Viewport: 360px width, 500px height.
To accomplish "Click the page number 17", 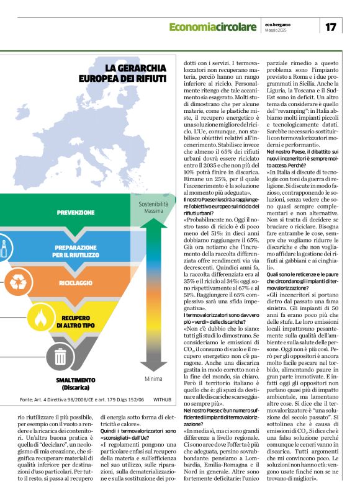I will click(330, 27).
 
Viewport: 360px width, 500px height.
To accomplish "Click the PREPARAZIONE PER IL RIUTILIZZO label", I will click(75, 251).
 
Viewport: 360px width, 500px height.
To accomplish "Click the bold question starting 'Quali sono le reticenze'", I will click(300, 274).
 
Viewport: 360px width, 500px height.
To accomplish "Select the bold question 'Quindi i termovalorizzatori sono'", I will click(135, 428).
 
